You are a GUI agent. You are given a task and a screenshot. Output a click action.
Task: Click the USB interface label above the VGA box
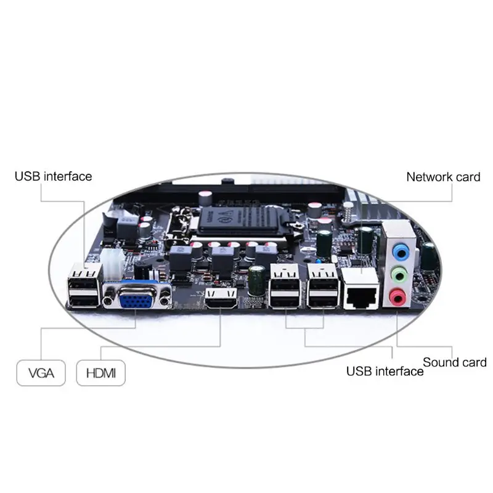pos(53,177)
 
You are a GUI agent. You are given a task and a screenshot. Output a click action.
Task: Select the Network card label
pos(443,177)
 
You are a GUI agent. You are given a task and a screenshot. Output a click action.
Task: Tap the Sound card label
pos(455,362)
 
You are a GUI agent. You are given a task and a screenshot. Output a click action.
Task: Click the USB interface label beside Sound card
pos(385,371)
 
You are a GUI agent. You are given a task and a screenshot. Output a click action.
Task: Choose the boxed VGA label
pos(41,373)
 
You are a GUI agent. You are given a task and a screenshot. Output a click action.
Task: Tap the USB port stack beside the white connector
pos(84,287)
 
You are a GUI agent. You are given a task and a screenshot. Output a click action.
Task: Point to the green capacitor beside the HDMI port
pos(257,280)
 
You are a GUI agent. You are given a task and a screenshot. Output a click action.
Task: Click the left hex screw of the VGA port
pos(109,302)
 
